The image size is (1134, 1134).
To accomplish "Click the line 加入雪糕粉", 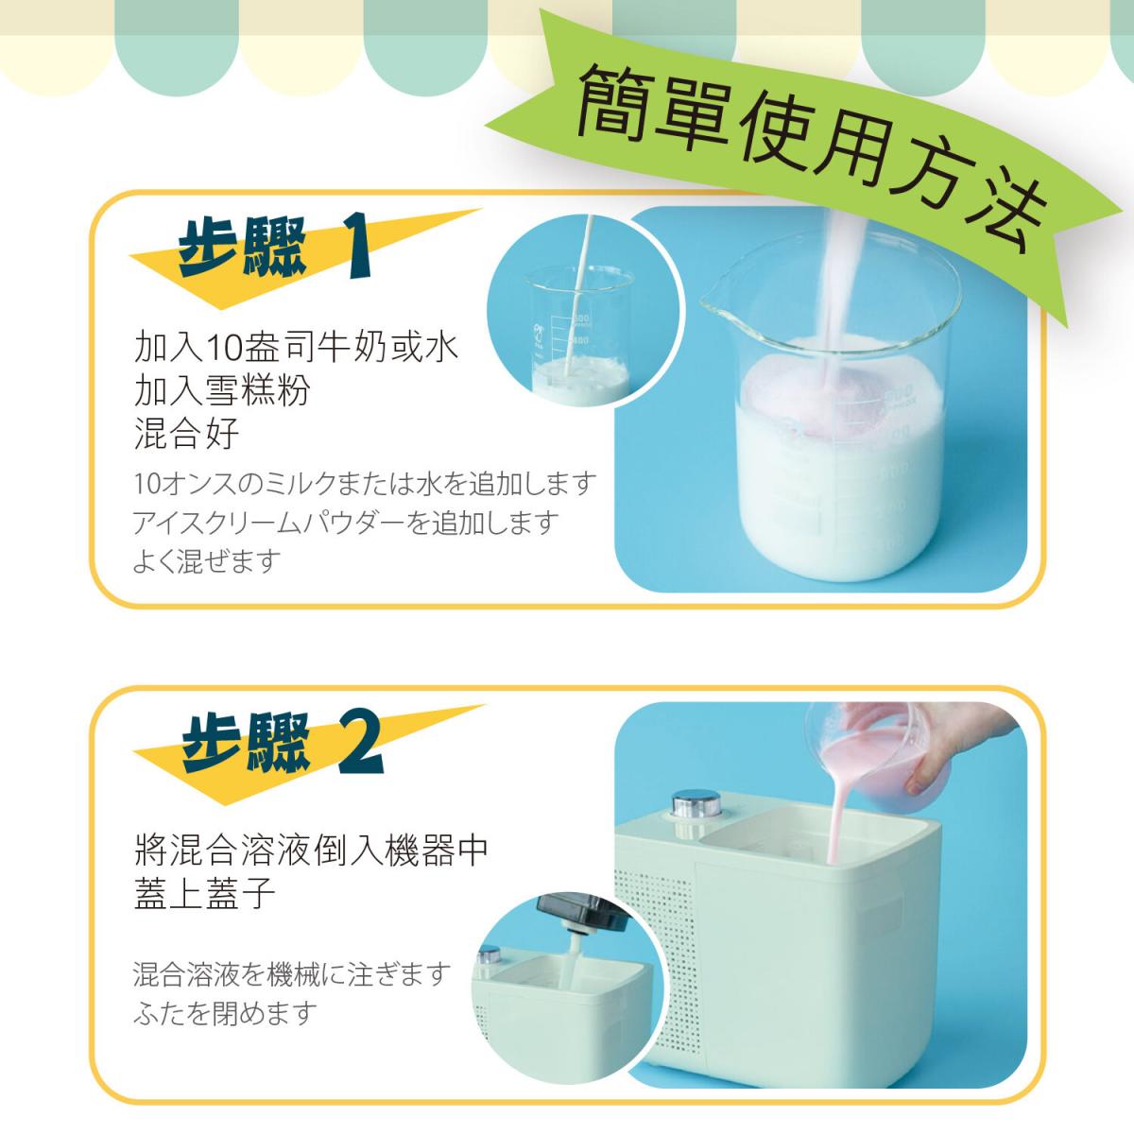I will pyautogui.click(x=222, y=391).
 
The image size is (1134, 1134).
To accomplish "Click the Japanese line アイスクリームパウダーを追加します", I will pyautogui.click(x=346, y=523).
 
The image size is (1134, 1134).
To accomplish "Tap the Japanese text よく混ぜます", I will pyautogui.click(x=207, y=561).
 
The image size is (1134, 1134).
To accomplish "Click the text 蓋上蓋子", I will pyautogui.click(x=205, y=893).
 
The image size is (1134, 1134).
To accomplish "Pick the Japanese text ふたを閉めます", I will pyautogui.click(x=224, y=1014).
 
